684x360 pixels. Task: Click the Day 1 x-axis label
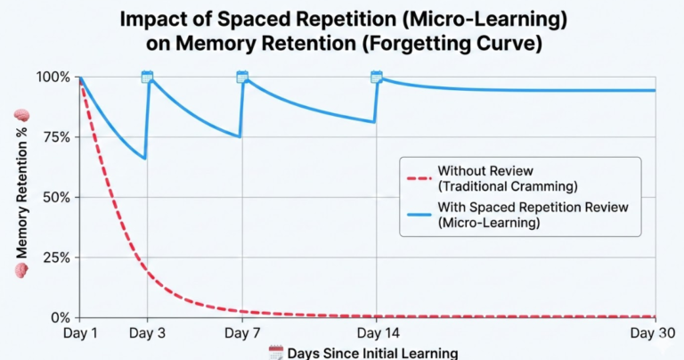pyautogui.click(x=80, y=333)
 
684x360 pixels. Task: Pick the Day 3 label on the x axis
pyautogui.click(x=147, y=333)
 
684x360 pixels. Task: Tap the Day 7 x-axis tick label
pyautogui.click(x=241, y=333)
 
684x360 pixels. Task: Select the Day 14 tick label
pyautogui.click(x=376, y=333)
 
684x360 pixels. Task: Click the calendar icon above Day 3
pyautogui.click(x=147, y=78)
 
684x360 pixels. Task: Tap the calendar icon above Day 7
pyautogui.click(x=241, y=78)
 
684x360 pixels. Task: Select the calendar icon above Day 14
pyautogui.click(x=376, y=78)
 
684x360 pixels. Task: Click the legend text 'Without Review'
pyautogui.click(x=482, y=171)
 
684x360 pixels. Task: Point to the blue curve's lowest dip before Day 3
pyautogui.click(x=144, y=158)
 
